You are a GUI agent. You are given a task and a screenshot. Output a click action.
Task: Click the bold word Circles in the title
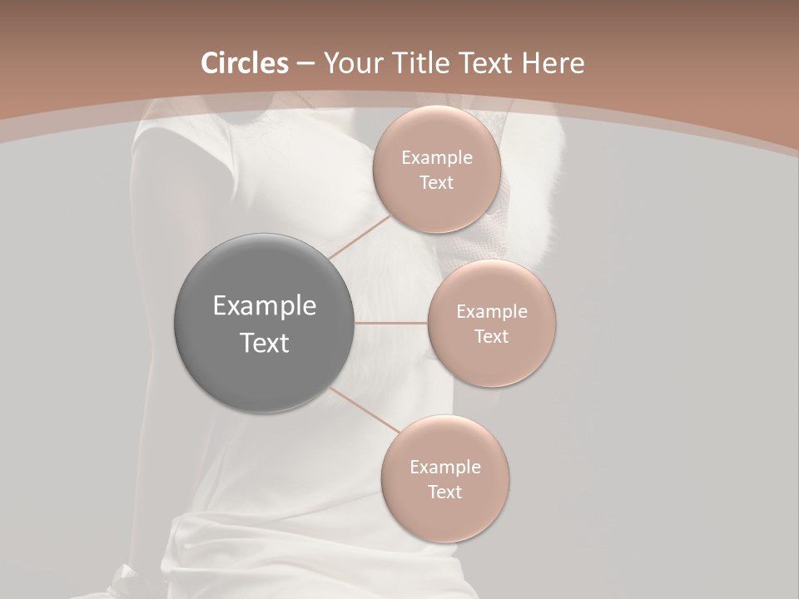coord(245,63)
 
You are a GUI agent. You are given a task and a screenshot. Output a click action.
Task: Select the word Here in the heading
coord(555,63)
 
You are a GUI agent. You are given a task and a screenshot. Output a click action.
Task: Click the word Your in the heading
coord(350,63)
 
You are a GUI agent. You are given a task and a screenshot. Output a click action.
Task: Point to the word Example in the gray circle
coord(265,306)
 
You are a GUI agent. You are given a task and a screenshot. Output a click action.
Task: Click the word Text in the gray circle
coord(265,343)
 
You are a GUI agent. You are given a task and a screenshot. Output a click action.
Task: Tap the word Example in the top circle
coord(437,158)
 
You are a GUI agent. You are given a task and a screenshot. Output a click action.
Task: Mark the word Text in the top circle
coord(436,183)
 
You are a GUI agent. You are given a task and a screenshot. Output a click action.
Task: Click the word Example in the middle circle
coord(492,312)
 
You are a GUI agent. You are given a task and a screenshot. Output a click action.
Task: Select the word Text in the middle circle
coord(491,337)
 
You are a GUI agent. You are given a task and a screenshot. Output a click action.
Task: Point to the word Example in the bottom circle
coord(445,468)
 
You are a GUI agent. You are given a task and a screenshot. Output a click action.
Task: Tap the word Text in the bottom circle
coord(444,493)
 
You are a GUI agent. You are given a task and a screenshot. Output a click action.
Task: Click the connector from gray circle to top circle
coord(360,239)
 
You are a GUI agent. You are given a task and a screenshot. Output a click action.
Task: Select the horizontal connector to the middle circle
coord(391,323)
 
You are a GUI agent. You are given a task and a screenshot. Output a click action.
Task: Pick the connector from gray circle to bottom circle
coord(365,409)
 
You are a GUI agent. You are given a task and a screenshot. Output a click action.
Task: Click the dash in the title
coord(305,64)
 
